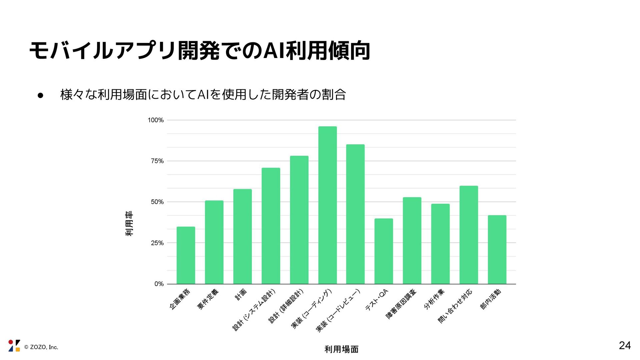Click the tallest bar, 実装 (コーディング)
327,205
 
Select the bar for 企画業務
186,255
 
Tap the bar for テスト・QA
384,251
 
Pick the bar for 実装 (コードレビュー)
355,214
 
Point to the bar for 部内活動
497,249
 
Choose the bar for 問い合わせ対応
469,235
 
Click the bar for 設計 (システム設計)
271,226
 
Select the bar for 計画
242,236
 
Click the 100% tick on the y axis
156,120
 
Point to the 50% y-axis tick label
157,202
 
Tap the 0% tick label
159,284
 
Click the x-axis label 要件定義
208,299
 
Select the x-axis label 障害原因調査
401,304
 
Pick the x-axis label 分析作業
434,299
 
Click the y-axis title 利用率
129,224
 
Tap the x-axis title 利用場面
341,349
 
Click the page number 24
625,346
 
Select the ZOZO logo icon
14,346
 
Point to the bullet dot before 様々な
41,95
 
